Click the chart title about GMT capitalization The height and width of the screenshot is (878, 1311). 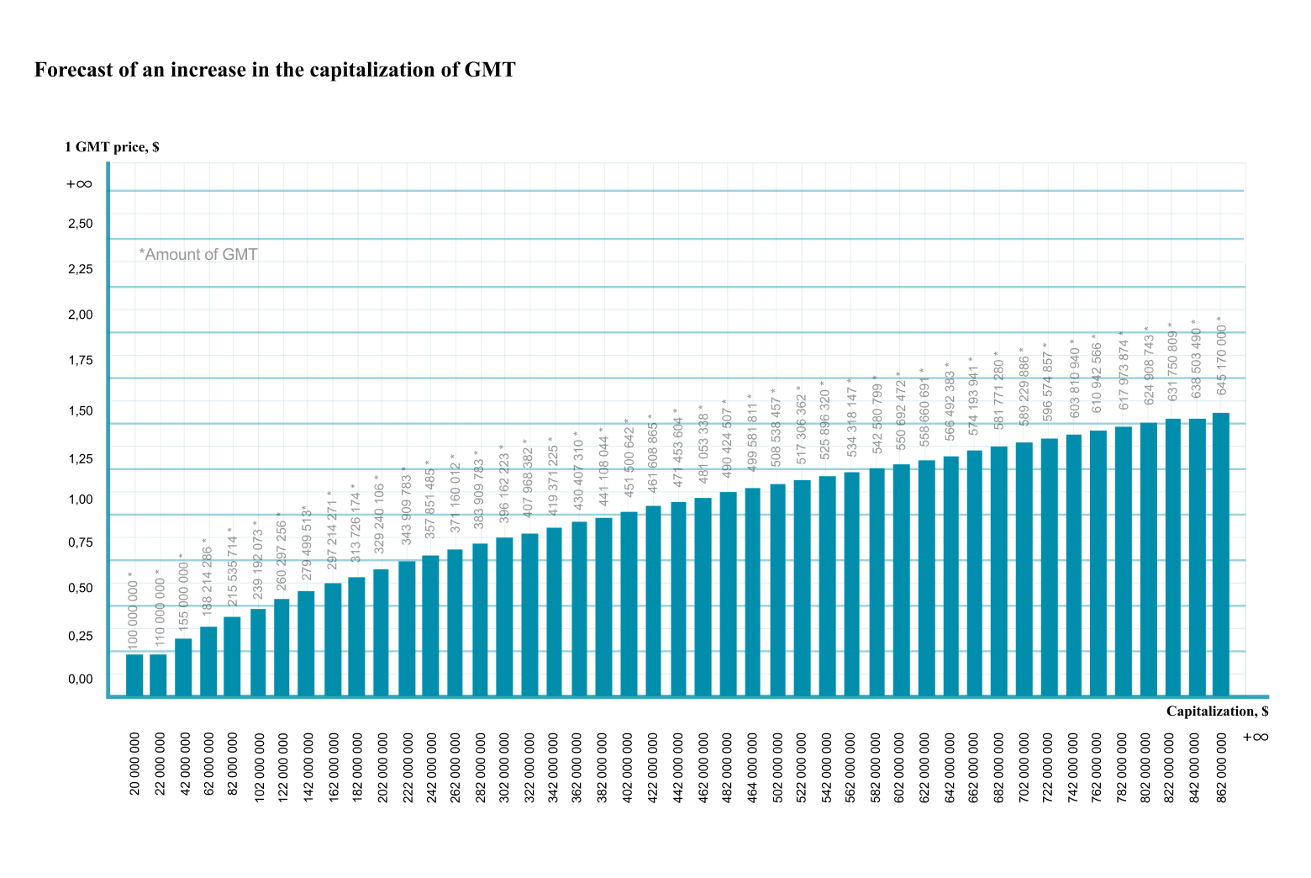pos(275,70)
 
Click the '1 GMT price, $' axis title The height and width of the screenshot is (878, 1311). pos(112,147)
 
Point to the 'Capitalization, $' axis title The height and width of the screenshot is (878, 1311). pos(1217,711)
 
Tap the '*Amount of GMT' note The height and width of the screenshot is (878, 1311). pos(198,254)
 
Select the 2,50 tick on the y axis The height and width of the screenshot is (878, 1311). pos(81,224)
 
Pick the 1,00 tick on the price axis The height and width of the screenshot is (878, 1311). pos(81,500)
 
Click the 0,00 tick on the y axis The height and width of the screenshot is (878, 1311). pos(81,679)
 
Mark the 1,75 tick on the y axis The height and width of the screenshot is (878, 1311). pos(81,360)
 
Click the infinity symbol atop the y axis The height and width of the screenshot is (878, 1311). pos(79,184)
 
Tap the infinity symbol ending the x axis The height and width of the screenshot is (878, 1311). pos(1256,738)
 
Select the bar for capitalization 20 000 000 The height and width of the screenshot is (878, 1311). pos(134,674)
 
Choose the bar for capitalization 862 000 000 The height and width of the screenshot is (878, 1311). pos(1221,555)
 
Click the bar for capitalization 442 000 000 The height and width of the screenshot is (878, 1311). pos(678,599)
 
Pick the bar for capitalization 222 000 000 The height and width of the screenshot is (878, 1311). pos(407,628)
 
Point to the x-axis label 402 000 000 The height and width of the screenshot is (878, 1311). pos(628,767)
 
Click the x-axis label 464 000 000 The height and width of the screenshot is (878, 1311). pos(752,767)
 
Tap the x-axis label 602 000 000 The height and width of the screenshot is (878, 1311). pos(900,767)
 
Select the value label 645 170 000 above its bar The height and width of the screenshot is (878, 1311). pos(1221,356)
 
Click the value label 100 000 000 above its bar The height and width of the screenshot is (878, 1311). pos(133,611)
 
